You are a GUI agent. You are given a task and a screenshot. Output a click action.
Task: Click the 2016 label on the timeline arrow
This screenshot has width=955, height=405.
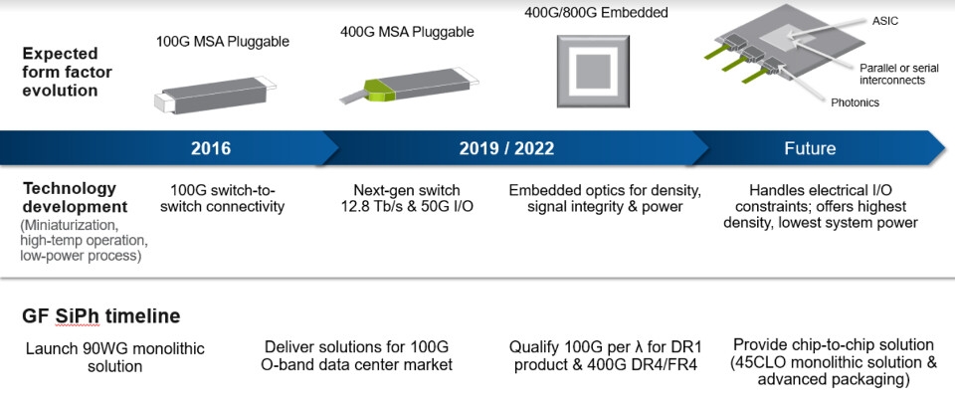[x=211, y=148]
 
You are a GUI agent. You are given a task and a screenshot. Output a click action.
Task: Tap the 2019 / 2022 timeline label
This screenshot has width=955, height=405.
[x=506, y=148]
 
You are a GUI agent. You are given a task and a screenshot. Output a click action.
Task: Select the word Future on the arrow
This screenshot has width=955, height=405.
[x=810, y=148]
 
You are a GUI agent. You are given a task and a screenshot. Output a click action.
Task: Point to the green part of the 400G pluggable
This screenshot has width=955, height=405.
[x=379, y=89]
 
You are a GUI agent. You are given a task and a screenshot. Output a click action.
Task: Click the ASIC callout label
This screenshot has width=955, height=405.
[x=884, y=21]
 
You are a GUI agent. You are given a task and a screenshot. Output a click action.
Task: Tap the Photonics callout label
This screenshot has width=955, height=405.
[x=856, y=102]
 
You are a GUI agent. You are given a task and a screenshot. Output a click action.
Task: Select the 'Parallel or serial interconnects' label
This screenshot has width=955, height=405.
[x=892, y=74]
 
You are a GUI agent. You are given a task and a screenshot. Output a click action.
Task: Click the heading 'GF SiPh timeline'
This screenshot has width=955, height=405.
[x=101, y=316]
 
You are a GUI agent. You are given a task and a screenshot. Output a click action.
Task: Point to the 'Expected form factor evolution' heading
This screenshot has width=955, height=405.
[x=68, y=72]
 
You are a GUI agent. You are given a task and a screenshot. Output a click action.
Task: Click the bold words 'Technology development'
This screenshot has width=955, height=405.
[x=75, y=197]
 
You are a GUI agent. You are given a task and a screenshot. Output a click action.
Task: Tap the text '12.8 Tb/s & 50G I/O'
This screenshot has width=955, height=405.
[x=408, y=206]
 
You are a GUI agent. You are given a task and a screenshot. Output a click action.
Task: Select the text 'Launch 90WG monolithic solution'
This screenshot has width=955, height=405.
[x=115, y=357]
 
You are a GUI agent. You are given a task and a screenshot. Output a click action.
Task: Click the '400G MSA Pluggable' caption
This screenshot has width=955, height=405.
[x=407, y=32]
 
